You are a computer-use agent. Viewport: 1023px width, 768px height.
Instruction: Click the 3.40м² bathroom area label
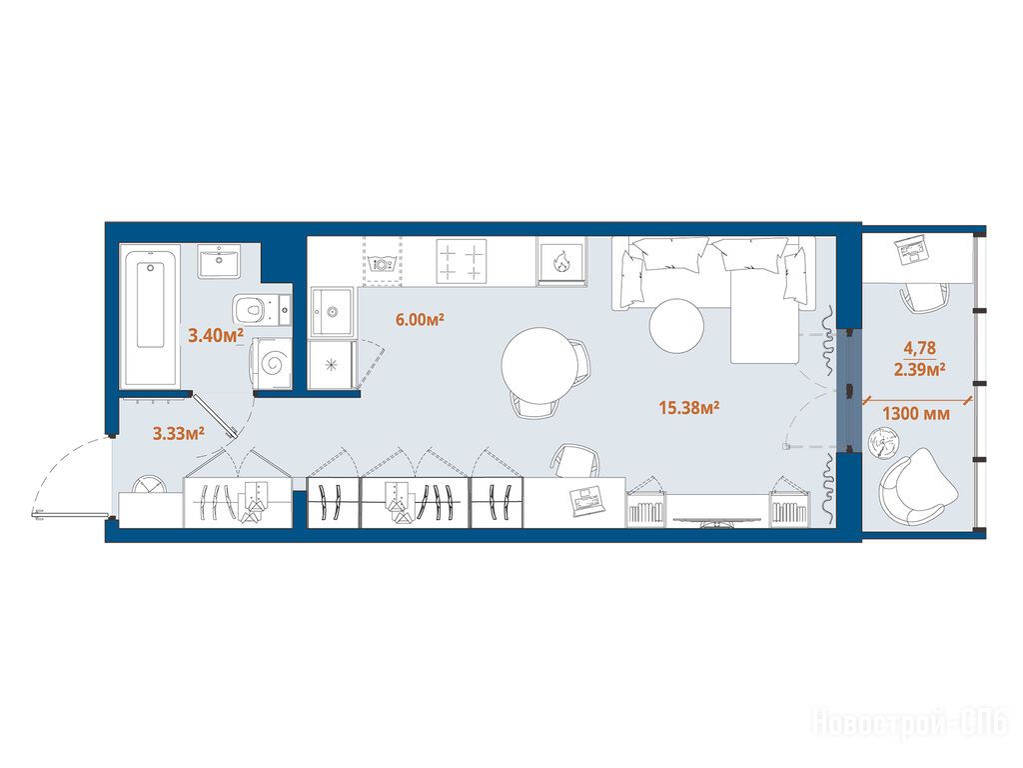pos(216,336)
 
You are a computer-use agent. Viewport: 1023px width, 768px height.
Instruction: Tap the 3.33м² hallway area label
pos(179,432)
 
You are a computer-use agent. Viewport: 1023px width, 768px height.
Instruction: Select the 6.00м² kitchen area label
pos(420,319)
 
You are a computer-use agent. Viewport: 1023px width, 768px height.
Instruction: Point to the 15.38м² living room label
pos(689,408)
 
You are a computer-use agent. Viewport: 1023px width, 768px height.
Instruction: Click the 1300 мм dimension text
pos(916,413)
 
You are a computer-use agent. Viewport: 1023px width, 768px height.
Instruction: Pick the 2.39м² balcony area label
pos(920,370)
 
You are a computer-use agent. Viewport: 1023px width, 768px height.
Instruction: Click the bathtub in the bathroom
pos(150,315)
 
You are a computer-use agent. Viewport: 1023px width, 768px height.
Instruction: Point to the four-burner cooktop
pos(462,261)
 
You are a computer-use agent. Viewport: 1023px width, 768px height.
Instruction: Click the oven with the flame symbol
pos(561,261)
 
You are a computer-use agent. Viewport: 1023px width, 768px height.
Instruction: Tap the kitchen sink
pos(332,311)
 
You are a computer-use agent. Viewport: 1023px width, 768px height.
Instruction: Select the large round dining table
pos(538,366)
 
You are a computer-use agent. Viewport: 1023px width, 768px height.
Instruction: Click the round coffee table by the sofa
pos(676,326)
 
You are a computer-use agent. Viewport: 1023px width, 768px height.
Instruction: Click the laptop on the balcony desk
pos(912,249)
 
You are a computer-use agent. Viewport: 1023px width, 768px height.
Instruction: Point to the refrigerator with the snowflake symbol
pos(333,364)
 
